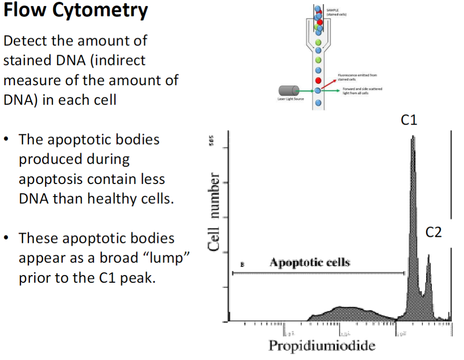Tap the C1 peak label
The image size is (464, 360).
[x=409, y=120]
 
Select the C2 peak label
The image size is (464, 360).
[x=434, y=231]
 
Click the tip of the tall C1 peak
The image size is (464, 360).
[x=412, y=137]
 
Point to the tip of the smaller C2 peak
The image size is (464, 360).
[x=428, y=255]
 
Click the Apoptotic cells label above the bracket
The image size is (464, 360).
[x=309, y=262]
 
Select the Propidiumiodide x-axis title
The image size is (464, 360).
[x=322, y=346]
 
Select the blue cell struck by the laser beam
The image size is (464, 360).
[x=318, y=91]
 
